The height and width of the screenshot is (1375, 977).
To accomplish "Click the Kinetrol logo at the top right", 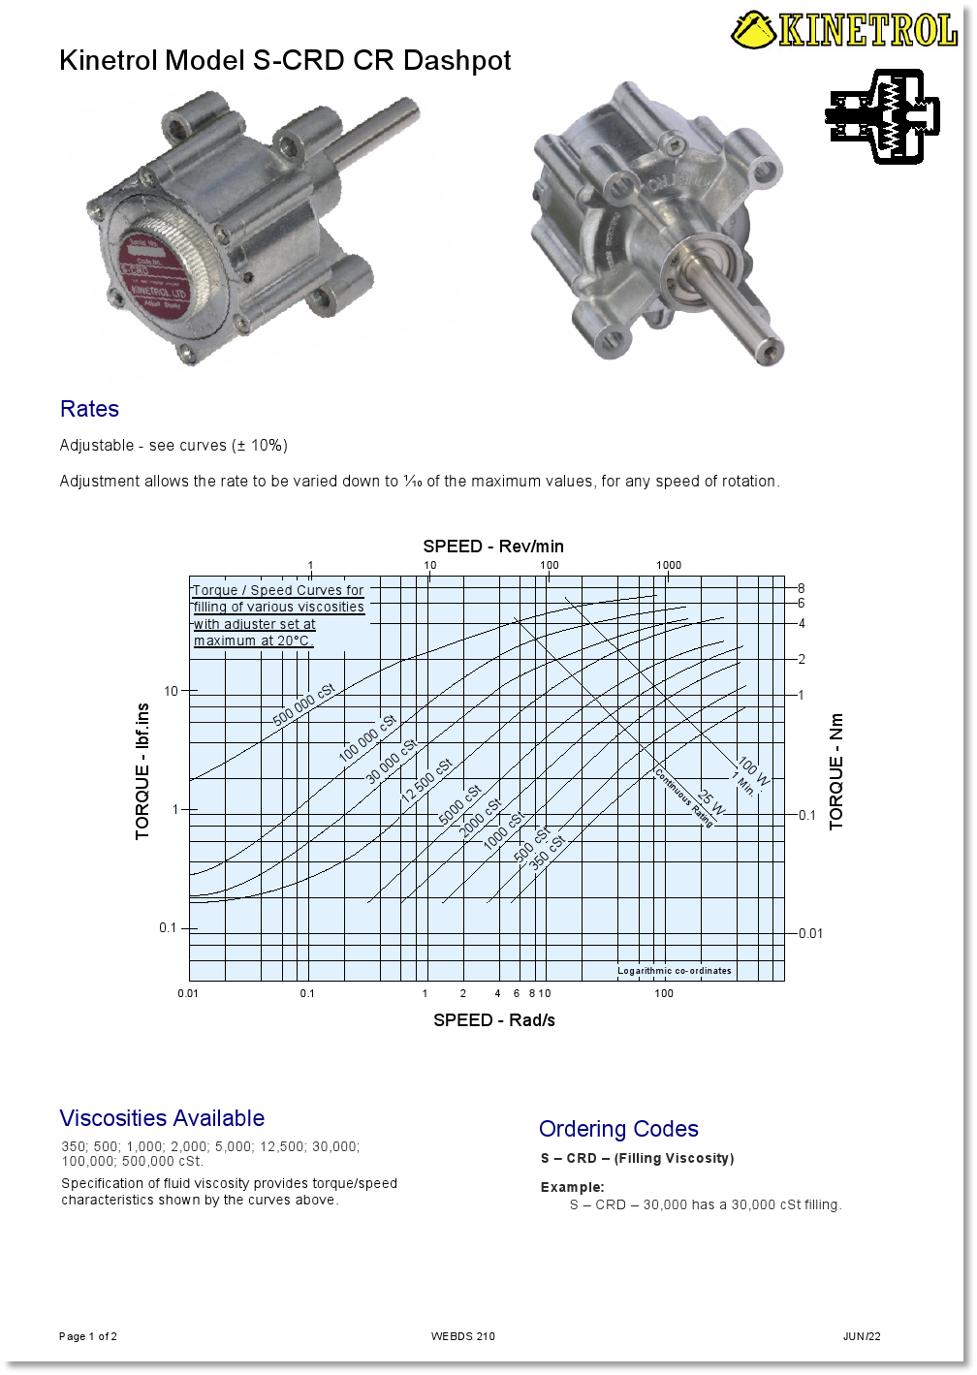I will [x=844, y=29].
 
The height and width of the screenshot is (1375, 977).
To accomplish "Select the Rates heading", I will [x=89, y=409].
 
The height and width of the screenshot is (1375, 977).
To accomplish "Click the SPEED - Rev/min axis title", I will [x=493, y=547].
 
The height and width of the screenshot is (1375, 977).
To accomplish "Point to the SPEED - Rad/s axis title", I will [x=493, y=1020].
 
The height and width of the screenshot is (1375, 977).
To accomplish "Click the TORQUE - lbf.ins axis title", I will [x=143, y=771].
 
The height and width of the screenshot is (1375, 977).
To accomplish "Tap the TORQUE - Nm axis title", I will [x=836, y=771].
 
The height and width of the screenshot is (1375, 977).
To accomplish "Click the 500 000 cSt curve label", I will [x=303, y=704].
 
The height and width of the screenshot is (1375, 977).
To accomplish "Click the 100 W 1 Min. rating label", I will [x=749, y=774].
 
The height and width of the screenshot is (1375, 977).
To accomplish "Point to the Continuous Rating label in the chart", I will [x=685, y=797].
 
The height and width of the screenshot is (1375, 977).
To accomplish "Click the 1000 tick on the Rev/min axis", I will [x=668, y=565].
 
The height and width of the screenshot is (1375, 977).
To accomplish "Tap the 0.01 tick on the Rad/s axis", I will [x=188, y=993].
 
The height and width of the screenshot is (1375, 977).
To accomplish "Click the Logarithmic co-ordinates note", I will [x=675, y=971].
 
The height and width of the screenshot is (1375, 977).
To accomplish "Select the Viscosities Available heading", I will [x=162, y=1118].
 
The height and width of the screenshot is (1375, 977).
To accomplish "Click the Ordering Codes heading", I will [x=618, y=1129].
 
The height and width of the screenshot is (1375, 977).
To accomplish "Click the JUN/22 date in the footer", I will [x=862, y=1336].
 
